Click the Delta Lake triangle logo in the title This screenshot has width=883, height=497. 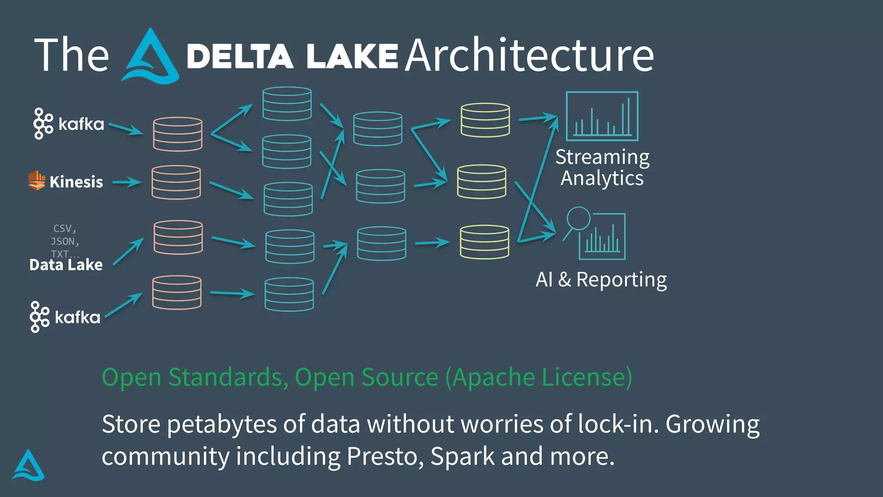pyautogui.click(x=150, y=57)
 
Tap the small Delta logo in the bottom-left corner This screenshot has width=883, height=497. pyautogui.click(x=28, y=466)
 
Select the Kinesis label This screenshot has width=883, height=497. pyautogui.click(x=76, y=182)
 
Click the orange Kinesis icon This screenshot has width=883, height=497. pyautogui.click(x=37, y=180)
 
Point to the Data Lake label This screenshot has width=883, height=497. pyautogui.click(x=66, y=264)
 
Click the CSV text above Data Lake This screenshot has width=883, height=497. pyautogui.click(x=64, y=228)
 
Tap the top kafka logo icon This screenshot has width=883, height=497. pyautogui.click(x=43, y=124)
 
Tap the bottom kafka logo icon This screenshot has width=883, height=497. pyautogui.click(x=40, y=317)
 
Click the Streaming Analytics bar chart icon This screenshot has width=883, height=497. pyautogui.click(x=602, y=116)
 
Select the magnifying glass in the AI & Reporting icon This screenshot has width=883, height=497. pyautogui.click(x=578, y=219)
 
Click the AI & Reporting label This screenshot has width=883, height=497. pyautogui.click(x=601, y=280)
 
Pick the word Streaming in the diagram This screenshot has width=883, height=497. pyautogui.click(x=602, y=157)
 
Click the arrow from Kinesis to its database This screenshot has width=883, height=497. pyautogui.click(x=127, y=182)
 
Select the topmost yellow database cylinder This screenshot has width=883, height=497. pyautogui.click(x=485, y=120)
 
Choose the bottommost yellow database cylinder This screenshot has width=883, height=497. pyautogui.click(x=485, y=242)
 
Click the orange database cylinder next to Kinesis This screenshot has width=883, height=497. pyautogui.click(x=176, y=182)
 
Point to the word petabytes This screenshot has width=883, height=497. pyautogui.click(x=222, y=424)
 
